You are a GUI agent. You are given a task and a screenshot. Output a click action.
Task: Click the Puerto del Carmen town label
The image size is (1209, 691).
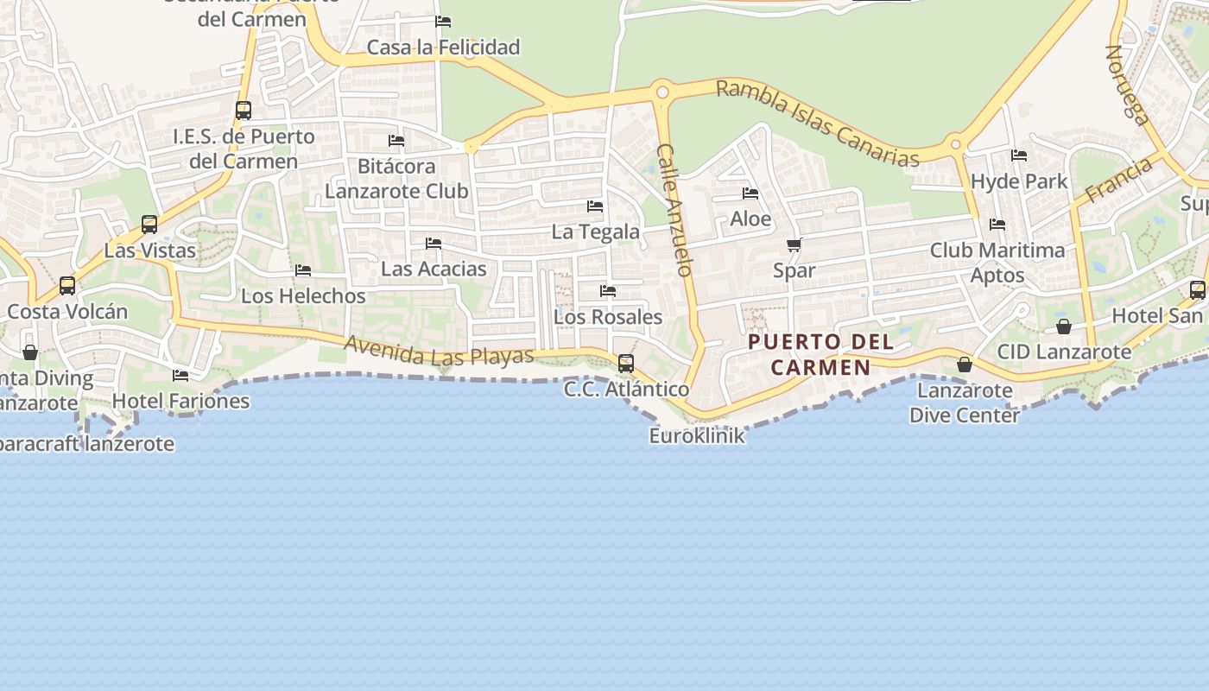click(x=820, y=354)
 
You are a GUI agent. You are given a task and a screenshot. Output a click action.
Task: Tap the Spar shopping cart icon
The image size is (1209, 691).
click(x=794, y=245)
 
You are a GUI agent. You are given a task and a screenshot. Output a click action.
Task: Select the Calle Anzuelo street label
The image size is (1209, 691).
click(x=674, y=210)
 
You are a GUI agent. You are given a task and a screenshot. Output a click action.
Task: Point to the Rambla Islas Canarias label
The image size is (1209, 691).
click(x=817, y=123)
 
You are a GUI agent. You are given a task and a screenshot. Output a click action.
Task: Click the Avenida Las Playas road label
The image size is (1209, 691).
click(x=439, y=349)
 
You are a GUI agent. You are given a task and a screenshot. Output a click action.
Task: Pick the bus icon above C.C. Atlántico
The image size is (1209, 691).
click(x=626, y=364)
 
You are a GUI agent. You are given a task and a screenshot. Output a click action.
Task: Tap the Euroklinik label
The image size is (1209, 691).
click(x=696, y=435)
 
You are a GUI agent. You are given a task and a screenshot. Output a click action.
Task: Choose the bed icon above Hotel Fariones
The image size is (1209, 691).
click(x=180, y=376)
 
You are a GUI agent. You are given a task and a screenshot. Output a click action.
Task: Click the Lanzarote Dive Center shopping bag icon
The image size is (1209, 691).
click(x=965, y=365)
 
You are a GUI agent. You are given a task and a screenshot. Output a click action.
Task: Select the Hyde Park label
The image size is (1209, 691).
click(x=1019, y=181)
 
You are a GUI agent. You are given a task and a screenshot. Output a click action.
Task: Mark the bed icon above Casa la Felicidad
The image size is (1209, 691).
click(x=443, y=22)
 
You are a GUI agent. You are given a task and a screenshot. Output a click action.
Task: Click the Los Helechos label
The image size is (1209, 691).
click(x=303, y=295)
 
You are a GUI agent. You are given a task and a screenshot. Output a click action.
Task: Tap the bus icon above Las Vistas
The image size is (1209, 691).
click(x=149, y=225)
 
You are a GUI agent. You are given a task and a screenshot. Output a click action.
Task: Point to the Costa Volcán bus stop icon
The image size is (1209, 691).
click(x=67, y=286)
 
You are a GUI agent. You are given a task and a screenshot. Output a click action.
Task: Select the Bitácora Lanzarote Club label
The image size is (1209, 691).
click(x=396, y=178)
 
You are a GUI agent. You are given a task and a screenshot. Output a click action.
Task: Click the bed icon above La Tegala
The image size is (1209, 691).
click(x=595, y=206)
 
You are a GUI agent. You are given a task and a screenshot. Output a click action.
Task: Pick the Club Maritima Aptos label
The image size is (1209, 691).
click(x=997, y=263)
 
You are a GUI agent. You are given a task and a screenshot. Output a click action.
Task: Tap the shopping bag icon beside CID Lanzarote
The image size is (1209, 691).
click(x=1064, y=326)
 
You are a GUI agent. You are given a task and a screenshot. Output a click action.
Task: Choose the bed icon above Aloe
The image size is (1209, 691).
click(x=750, y=193)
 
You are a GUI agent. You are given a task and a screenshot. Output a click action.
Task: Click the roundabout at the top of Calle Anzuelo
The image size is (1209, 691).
click(x=662, y=92)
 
